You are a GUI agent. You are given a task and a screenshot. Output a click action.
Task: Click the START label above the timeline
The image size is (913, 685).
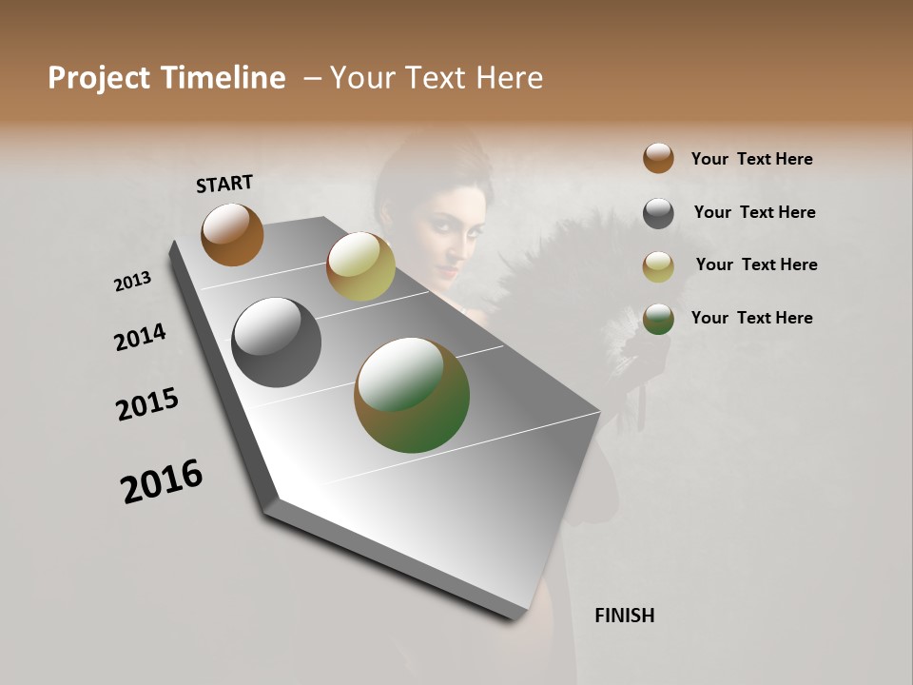click(x=224, y=184)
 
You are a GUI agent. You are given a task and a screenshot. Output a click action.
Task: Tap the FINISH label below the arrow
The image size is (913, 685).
click(x=624, y=616)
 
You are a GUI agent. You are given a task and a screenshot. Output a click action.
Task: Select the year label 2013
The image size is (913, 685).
click(x=132, y=282)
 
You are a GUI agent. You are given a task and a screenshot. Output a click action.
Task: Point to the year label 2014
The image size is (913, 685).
click(x=140, y=338)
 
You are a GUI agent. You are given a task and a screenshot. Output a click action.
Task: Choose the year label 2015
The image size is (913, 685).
click(x=147, y=404)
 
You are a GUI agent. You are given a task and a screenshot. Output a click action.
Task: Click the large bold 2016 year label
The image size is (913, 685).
click(x=162, y=481)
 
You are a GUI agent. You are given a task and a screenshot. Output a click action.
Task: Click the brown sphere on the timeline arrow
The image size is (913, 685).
click(x=232, y=234)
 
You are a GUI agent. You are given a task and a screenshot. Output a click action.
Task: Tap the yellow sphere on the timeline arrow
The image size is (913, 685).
click(x=360, y=265)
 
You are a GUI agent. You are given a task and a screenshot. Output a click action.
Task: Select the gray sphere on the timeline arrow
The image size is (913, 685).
click(x=276, y=342)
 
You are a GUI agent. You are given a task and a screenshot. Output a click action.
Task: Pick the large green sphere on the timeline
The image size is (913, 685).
click(x=412, y=395)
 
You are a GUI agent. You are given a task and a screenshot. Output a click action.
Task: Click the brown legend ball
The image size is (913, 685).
click(x=658, y=158)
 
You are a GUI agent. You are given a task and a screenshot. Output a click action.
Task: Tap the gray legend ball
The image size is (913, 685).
click(x=658, y=213)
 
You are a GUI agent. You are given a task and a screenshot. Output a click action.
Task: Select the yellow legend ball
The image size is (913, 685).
click(x=658, y=266)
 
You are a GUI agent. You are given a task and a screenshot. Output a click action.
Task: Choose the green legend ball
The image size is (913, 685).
click(x=658, y=319)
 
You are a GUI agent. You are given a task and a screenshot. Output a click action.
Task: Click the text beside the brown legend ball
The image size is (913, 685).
click(x=751, y=159)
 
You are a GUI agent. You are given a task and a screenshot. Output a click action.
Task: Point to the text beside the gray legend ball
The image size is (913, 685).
click(x=754, y=212)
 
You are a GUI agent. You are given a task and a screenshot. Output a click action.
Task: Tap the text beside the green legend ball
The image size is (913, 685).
click(x=751, y=318)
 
